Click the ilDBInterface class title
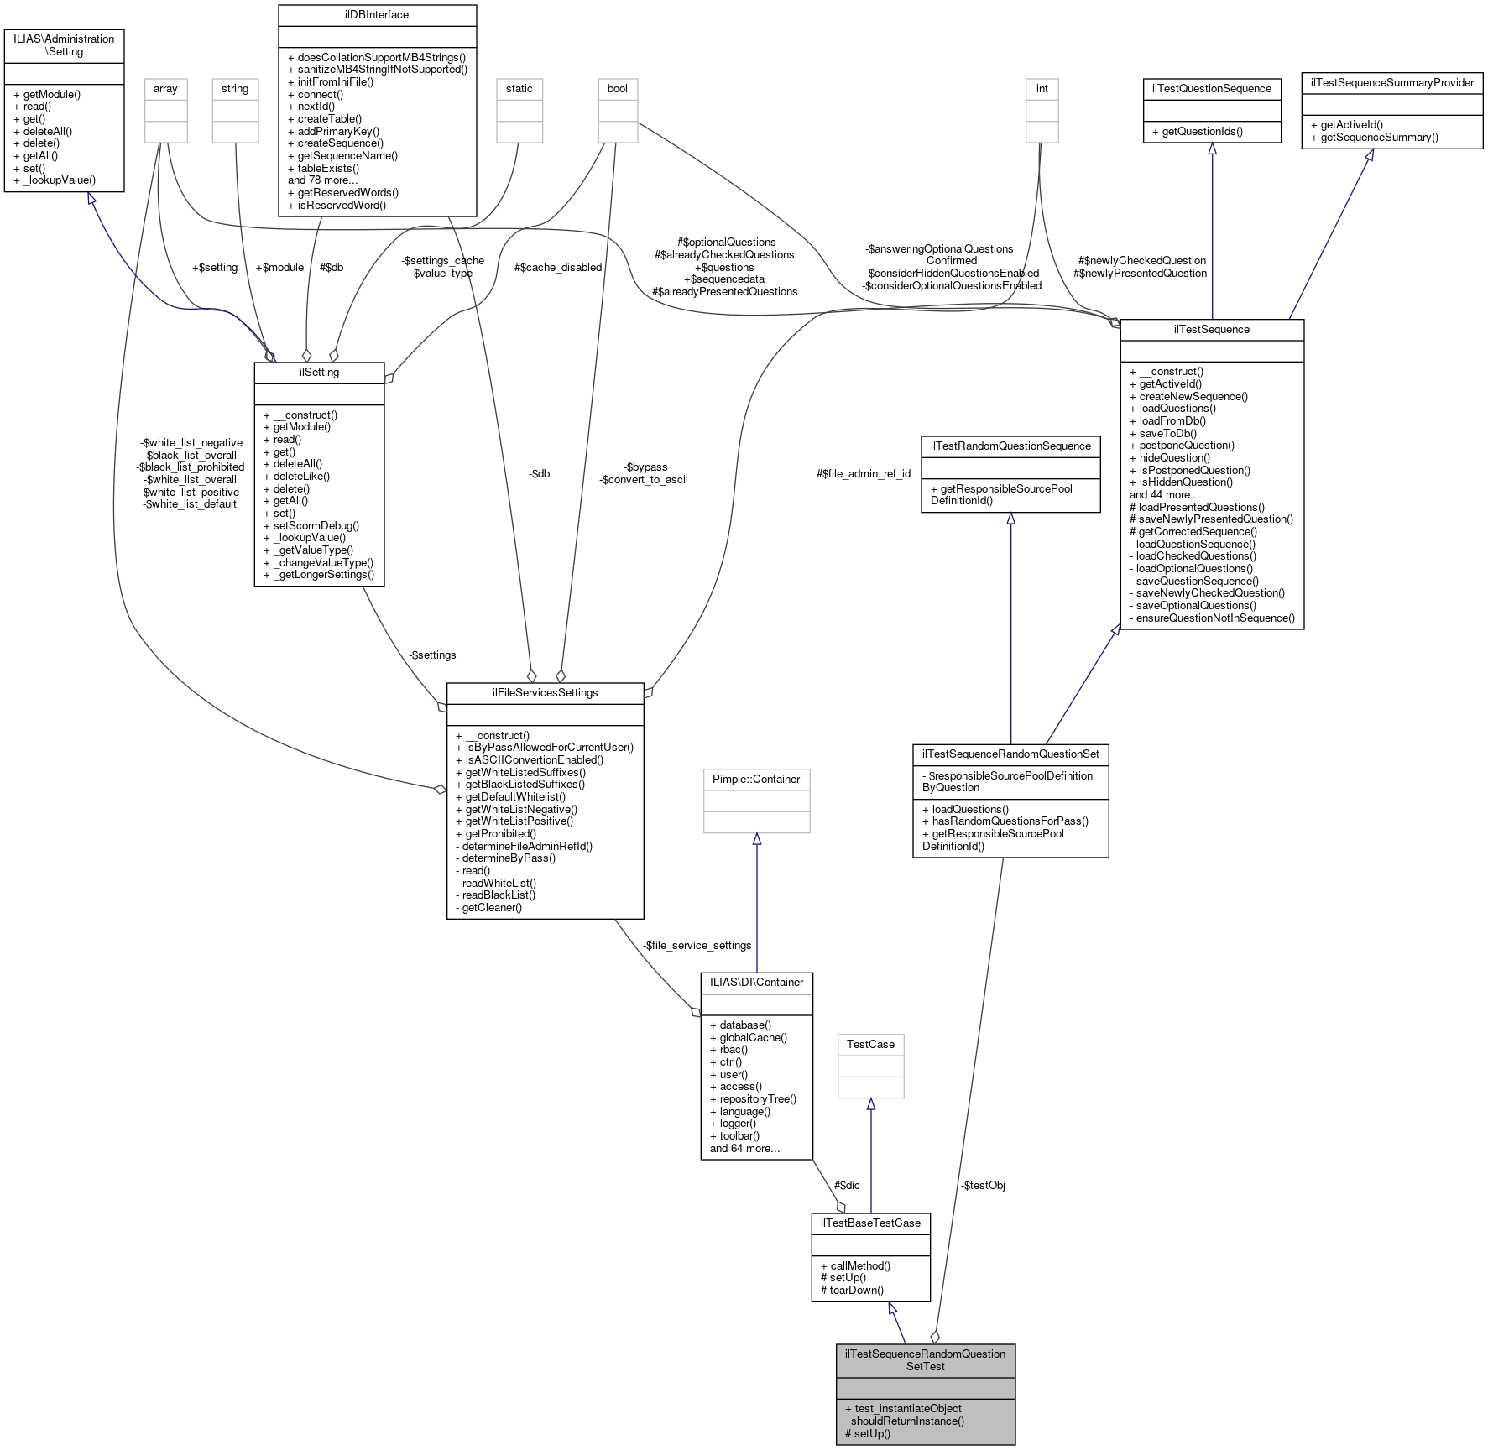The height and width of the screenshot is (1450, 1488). coord(377,15)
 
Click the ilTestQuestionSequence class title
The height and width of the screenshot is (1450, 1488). coord(1212,89)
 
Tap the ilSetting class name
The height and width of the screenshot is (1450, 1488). coord(319,373)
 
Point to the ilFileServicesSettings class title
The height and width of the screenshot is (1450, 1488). coord(545,693)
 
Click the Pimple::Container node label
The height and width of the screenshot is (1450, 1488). coord(756,780)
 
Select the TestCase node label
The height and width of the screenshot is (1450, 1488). coord(870,1045)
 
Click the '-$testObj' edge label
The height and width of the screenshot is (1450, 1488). coord(983,1186)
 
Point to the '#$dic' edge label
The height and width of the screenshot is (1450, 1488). coord(847,1186)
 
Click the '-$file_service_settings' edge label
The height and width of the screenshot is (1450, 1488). coord(697,946)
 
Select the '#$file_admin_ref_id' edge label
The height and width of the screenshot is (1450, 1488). coord(863,474)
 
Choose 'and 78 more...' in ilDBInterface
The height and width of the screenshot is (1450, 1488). coord(323,180)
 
